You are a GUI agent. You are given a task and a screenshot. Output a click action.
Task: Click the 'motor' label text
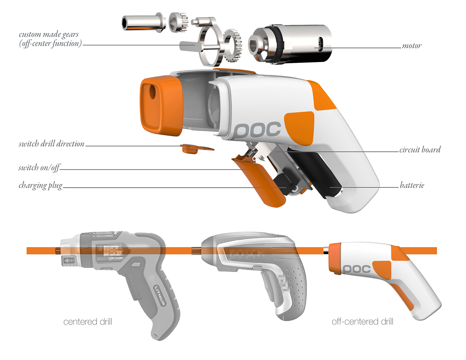click(x=412, y=46)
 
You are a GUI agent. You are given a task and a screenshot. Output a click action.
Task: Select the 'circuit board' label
click(x=420, y=150)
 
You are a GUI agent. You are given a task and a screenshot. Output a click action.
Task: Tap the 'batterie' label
click(x=412, y=185)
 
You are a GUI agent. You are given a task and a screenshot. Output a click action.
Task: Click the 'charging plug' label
click(x=40, y=185)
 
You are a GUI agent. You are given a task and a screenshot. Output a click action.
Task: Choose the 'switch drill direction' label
click(x=51, y=144)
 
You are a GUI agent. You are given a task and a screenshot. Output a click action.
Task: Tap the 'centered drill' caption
click(x=88, y=322)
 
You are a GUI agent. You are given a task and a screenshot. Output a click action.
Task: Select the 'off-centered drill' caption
click(x=362, y=322)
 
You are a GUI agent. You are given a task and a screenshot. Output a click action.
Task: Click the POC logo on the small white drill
click(x=357, y=268)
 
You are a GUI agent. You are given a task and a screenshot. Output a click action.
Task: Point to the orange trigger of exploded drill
click(x=252, y=175)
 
